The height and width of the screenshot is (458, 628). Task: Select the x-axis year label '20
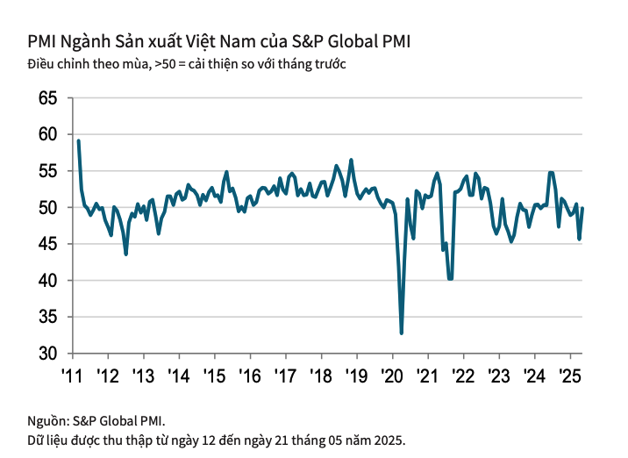(x=392, y=376)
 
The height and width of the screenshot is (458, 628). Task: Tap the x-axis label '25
(x=570, y=376)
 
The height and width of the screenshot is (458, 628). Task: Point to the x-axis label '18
(x=321, y=376)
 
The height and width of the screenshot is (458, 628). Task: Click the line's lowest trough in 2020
(x=402, y=333)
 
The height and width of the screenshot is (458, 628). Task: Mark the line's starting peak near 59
(x=79, y=141)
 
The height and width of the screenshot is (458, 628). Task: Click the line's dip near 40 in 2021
(x=451, y=278)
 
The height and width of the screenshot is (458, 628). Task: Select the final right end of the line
(x=583, y=208)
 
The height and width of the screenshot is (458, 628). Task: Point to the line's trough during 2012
(x=126, y=254)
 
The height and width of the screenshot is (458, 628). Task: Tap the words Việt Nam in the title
(x=234, y=41)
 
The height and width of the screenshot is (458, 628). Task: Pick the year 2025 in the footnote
(x=388, y=439)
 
